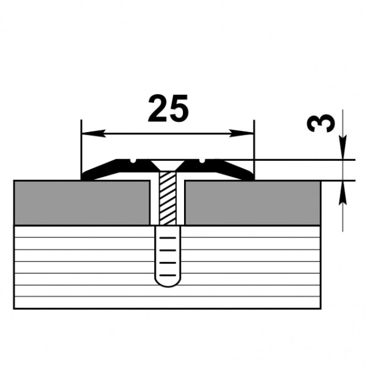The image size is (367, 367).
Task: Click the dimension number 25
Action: (x=168, y=109)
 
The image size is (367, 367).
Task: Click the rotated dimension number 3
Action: (x=322, y=124)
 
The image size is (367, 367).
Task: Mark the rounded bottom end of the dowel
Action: (x=167, y=282)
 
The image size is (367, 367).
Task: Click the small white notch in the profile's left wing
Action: (x=133, y=161)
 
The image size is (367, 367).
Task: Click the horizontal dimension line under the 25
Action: (x=168, y=133)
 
